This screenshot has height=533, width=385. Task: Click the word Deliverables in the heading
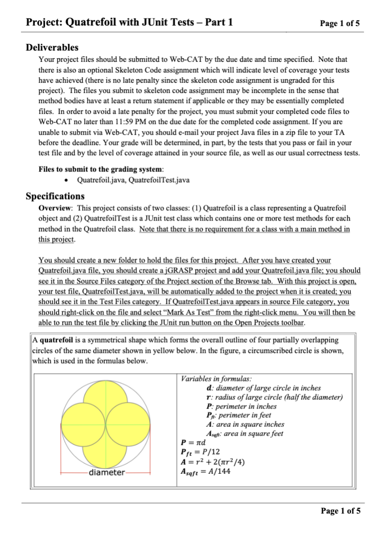click(x=52, y=47)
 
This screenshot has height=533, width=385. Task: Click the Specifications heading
click(x=55, y=196)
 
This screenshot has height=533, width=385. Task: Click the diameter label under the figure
click(x=107, y=473)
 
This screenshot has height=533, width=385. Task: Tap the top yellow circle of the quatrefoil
click(x=107, y=403)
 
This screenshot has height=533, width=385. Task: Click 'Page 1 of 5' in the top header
click(x=340, y=23)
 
